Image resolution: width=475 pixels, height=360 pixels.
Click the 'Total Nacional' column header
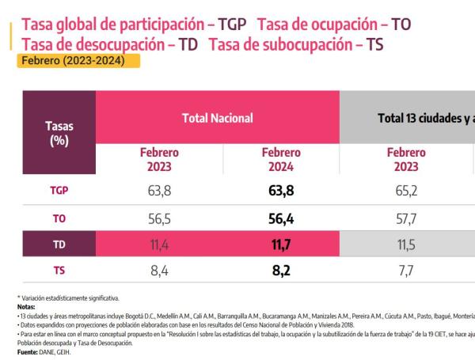[x=218, y=118]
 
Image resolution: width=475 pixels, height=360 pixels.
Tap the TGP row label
[x=59, y=190]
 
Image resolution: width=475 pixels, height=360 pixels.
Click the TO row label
[x=59, y=218]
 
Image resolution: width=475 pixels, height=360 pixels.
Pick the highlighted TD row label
[x=59, y=245]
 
